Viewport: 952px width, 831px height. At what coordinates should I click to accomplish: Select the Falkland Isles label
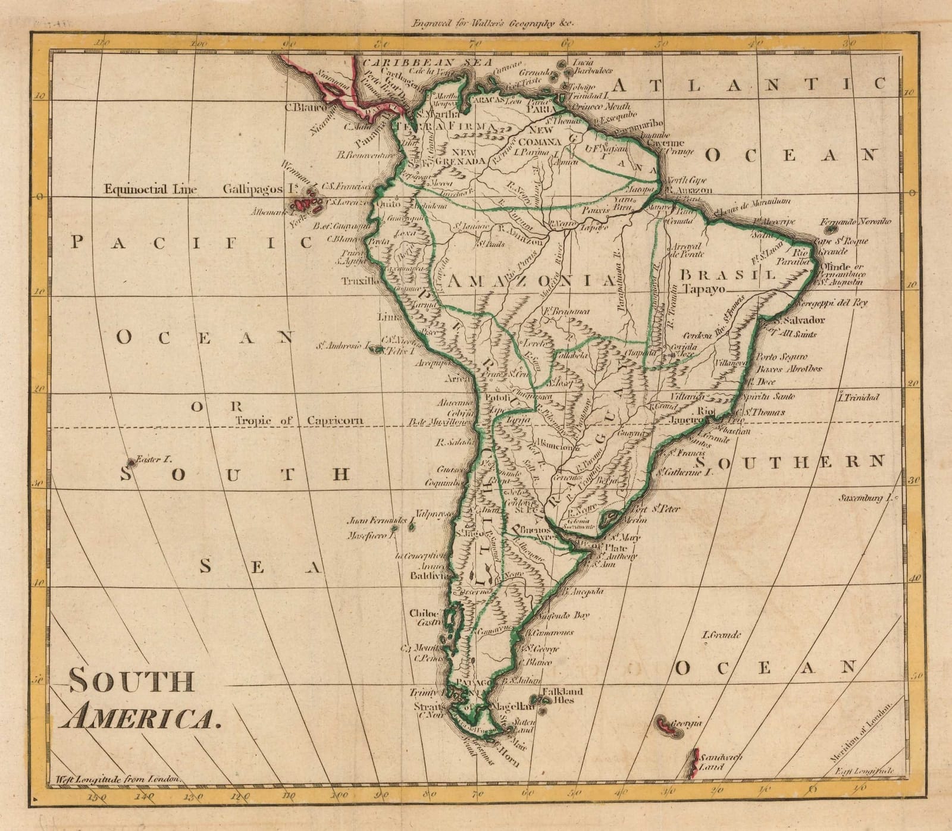(x=562, y=695)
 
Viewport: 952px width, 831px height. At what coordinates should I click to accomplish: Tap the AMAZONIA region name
(x=531, y=281)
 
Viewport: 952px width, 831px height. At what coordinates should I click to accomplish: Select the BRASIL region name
(x=728, y=275)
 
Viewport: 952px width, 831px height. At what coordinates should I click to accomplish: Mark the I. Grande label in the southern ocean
(x=721, y=635)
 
